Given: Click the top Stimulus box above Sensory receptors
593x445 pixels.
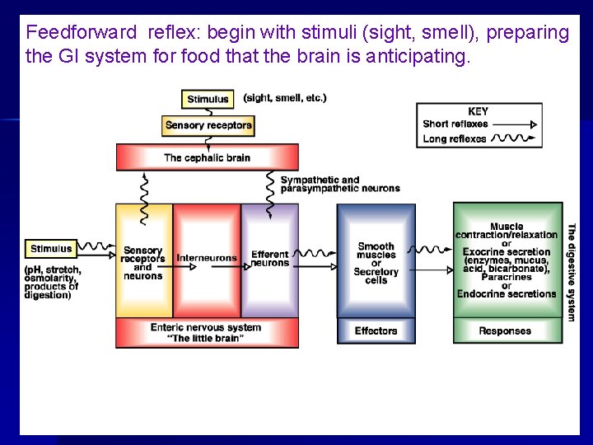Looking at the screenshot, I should [x=208, y=100].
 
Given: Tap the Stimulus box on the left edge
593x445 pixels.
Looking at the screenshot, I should [x=51, y=248].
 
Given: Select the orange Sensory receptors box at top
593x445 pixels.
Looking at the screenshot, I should [x=208, y=125].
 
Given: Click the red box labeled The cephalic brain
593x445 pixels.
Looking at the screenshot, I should [x=207, y=157].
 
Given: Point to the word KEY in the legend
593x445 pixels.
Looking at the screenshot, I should [x=478, y=111].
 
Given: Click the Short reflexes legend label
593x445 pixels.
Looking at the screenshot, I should [x=455, y=124].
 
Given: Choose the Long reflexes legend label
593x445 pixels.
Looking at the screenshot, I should [x=455, y=138].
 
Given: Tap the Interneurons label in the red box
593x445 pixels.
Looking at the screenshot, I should [x=207, y=258].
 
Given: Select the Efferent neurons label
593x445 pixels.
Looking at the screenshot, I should [x=269, y=259].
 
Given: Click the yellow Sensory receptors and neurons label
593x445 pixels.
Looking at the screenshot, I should [x=143, y=263].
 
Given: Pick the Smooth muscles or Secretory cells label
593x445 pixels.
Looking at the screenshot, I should [x=376, y=263].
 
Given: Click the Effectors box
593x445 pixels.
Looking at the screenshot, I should [x=376, y=330].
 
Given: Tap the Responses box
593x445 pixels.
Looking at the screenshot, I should [x=505, y=330].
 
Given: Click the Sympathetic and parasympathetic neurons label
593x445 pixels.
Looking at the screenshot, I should [x=339, y=185].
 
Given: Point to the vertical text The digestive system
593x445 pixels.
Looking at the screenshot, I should [x=572, y=272].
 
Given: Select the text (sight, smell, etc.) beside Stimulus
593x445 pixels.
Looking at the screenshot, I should [x=285, y=97].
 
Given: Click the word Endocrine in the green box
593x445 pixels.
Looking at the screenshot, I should [x=483, y=293].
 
